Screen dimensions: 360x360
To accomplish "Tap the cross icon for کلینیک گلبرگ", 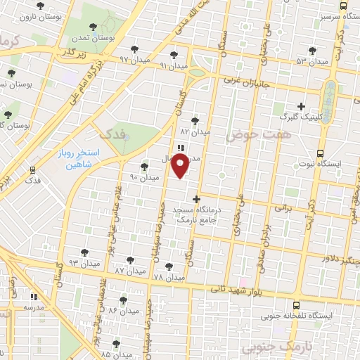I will pos(302,105).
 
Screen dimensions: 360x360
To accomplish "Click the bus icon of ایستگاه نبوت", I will pos(321,153).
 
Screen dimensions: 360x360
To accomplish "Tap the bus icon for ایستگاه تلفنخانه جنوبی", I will pos(296,306).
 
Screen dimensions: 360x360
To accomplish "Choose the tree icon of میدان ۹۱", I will pos(174,54).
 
